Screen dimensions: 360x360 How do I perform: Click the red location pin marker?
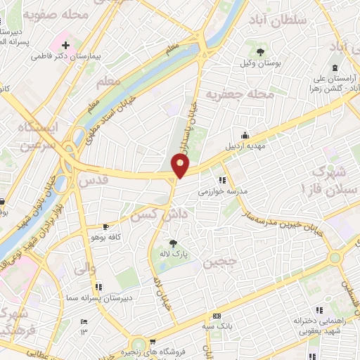[x=181, y=166]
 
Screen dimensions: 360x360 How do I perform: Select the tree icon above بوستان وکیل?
[x=261, y=51]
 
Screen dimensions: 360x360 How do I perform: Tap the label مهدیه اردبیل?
[x=245, y=148]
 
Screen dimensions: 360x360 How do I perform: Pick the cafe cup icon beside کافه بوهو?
[x=105, y=226]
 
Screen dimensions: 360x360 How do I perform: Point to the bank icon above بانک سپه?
[x=217, y=316]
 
